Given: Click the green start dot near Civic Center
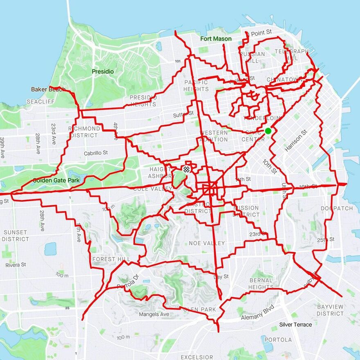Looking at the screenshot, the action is pos(268,131).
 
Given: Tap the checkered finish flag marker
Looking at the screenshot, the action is pos(187,169).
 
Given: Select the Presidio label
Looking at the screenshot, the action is pos(103,72).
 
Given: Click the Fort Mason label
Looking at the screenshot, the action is pos(216,39).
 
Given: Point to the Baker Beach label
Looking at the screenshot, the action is pos(48,89).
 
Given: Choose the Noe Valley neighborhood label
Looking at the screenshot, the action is pos(207,243).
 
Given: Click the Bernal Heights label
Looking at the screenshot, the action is pos(261,284).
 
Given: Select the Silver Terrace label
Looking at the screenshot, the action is pos(295,324).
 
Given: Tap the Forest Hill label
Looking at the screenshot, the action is pos(111,259).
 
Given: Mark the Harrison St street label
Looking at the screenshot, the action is pos(296,142).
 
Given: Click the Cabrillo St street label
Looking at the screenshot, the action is pos(96,153).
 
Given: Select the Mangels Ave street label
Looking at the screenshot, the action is pos(154,315).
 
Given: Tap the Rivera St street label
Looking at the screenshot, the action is pos(16,265).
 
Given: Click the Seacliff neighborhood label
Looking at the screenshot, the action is pos(38,101).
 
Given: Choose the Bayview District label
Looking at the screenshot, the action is pos(330,310).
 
